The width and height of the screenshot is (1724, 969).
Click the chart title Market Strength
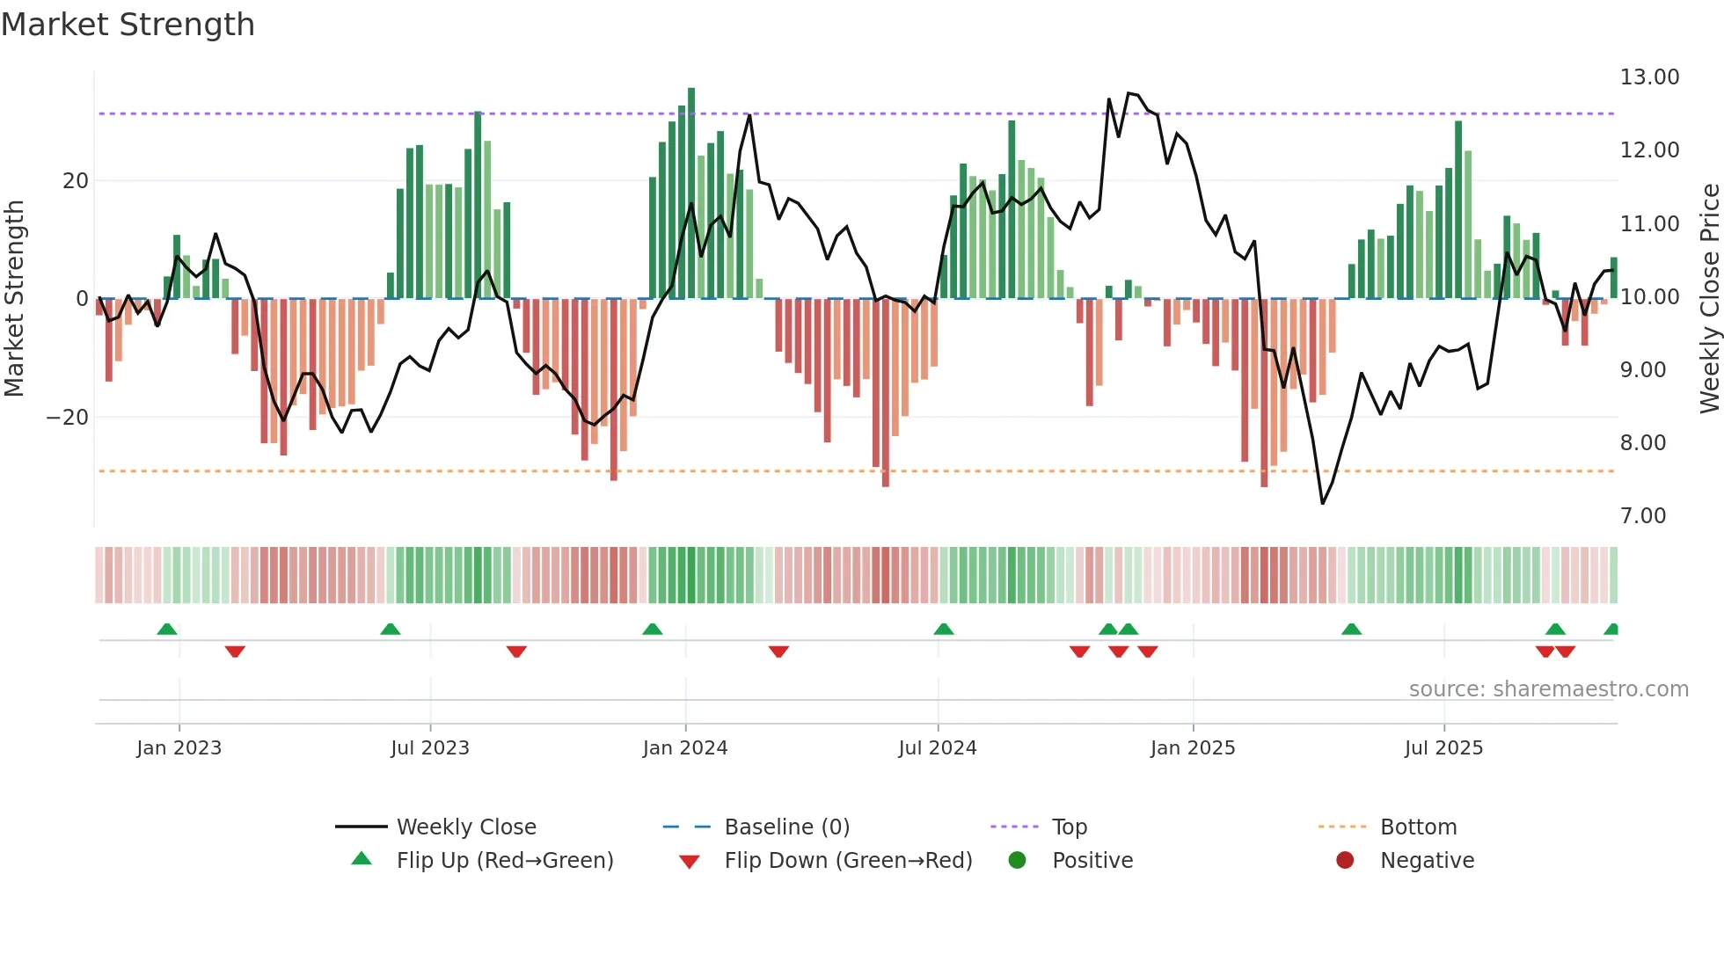click(128, 25)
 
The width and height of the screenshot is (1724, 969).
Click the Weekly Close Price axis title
click(1709, 298)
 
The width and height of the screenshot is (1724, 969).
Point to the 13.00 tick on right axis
click(1649, 77)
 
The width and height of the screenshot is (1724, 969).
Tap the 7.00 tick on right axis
click(1642, 516)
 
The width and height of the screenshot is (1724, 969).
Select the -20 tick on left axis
click(68, 418)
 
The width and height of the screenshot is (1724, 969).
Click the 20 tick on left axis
click(76, 181)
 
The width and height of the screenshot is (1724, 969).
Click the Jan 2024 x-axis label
click(685, 748)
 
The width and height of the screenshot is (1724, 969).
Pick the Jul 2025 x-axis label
click(1443, 748)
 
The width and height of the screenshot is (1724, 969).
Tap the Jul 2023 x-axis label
click(430, 748)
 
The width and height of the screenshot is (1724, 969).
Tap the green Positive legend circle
click(1018, 861)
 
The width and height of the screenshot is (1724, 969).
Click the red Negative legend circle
click(1345, 861)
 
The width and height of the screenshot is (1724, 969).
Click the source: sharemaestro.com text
click(1548, 689)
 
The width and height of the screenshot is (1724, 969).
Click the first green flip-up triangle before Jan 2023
click(167, 629)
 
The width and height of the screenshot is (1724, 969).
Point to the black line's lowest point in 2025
click(1322, 503)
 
